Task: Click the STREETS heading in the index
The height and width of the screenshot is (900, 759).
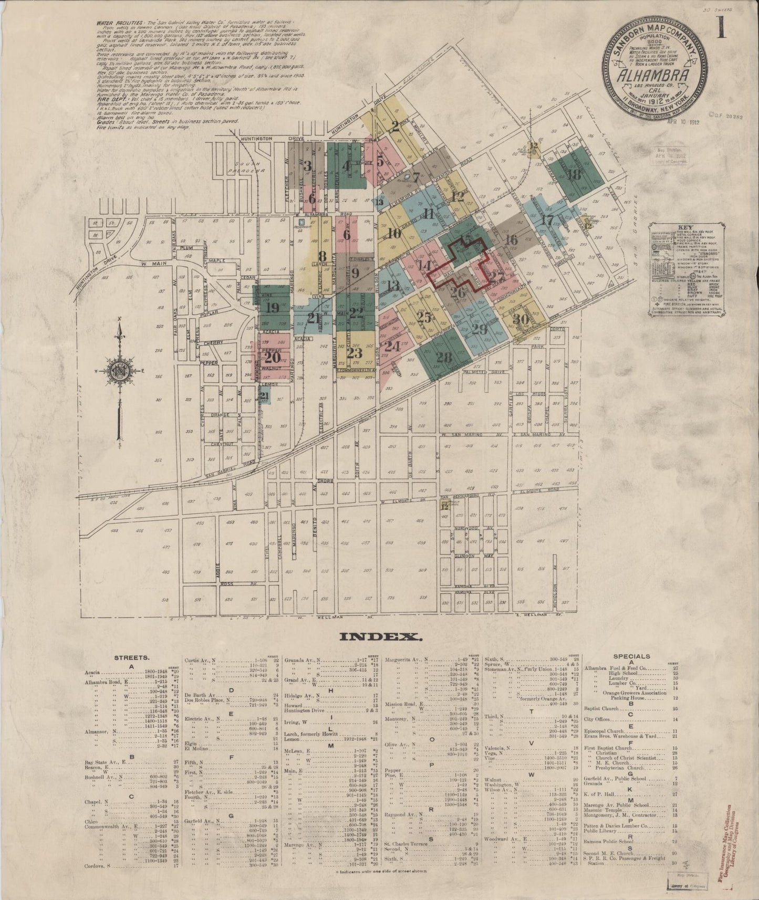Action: click(132, 657)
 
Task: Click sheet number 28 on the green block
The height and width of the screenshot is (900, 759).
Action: click(444, 358)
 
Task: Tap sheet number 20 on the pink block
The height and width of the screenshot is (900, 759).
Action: click(272, 358)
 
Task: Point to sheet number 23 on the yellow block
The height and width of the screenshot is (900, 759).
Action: click(355, 352)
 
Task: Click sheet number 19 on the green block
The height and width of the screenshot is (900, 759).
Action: click(273, 308)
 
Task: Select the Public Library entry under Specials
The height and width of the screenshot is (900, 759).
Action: click(607, 831)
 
